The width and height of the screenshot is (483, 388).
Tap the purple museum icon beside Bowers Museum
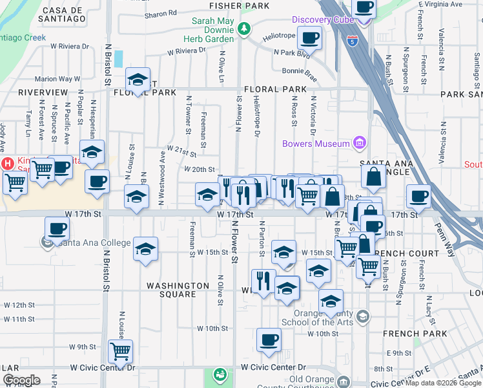(x=360, y=143)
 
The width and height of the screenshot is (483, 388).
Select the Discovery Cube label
(x=321, y=19)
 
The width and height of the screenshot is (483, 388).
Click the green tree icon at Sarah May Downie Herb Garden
(x=243, y=28)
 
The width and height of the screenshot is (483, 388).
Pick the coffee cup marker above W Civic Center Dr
(x=269, y=339)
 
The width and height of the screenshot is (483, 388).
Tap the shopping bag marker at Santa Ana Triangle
(x=374, y=175)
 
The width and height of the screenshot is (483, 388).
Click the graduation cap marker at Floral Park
(x=138, y=80)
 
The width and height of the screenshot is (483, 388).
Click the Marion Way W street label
(x=57, y=79)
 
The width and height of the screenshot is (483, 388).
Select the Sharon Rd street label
(x=161, y=13)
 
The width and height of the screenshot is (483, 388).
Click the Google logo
(x=21, y=380)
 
